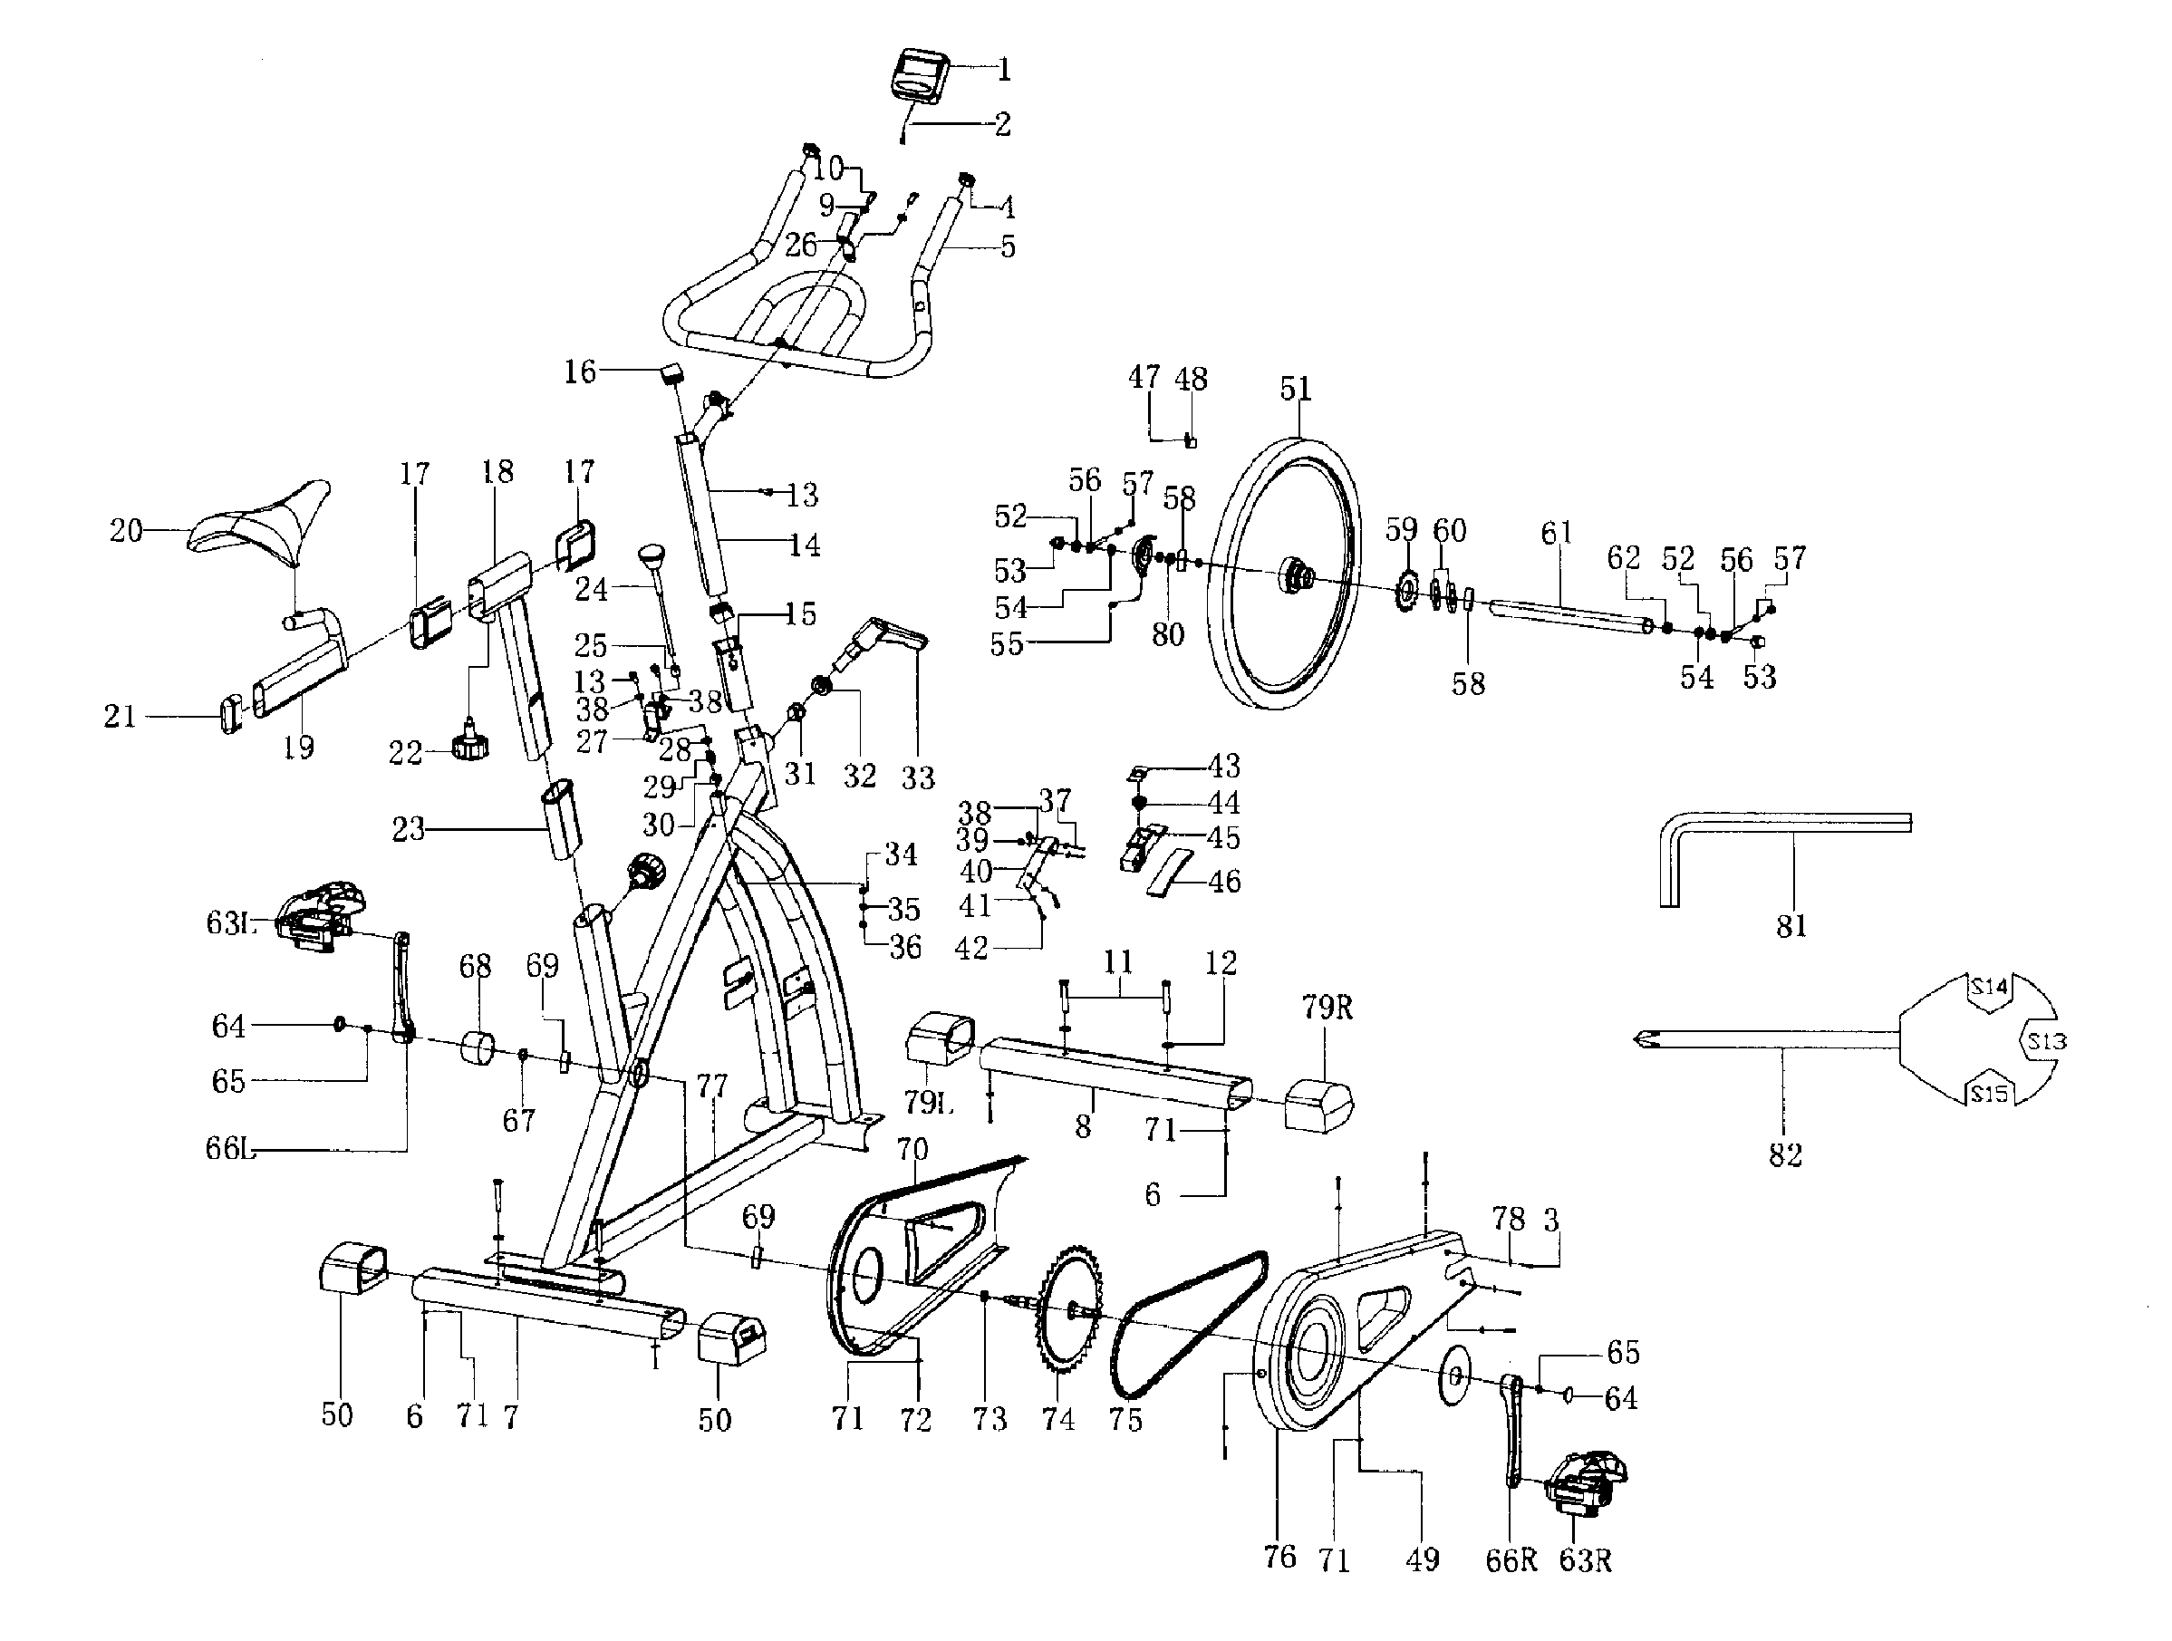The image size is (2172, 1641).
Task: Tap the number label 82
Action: click(x=1784, y=1155)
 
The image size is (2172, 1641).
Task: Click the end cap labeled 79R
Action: click(x=1318, y=1104)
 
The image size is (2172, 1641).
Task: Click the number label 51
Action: click(x=1295, y=389)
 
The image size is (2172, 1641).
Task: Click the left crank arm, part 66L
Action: click(x=401, y=987)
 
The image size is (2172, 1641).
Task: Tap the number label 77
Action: click(x=711, y=1086)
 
